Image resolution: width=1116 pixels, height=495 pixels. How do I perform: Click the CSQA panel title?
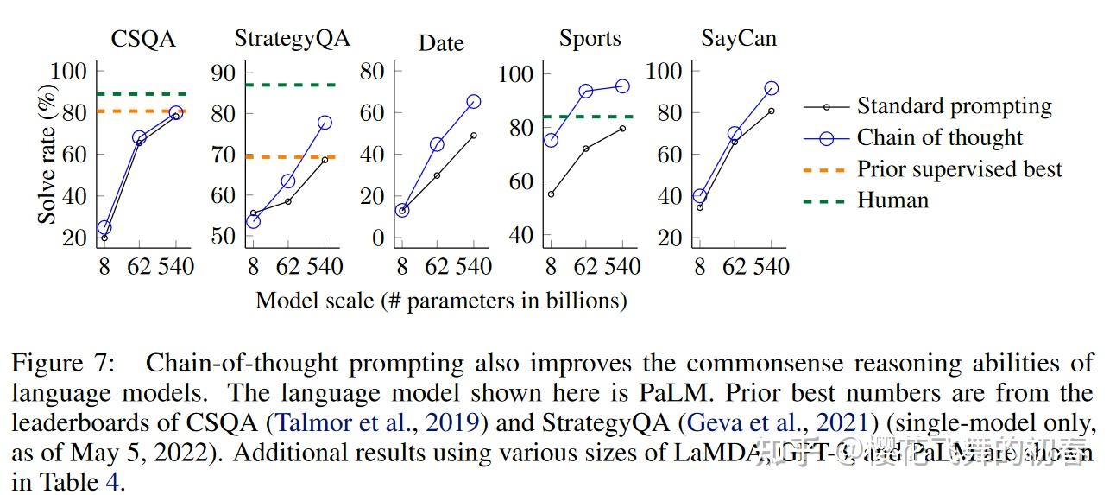pos(143,40)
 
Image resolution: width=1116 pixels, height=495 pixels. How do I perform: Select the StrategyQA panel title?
pos(293,40)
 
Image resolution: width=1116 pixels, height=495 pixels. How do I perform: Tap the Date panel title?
pos(441,43)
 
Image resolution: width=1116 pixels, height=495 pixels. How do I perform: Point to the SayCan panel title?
pos(738,40)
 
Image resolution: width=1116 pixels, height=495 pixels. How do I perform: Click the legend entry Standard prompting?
pos(954,106)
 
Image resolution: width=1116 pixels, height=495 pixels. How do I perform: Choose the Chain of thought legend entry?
pos(939,137)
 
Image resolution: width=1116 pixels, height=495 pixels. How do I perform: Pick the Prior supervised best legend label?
pos(959,168)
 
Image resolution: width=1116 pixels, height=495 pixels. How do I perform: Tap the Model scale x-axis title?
pos(441,301)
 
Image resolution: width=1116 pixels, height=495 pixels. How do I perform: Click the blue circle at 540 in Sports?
pos(622,86)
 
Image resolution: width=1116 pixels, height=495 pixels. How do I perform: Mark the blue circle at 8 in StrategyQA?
pos(253,221)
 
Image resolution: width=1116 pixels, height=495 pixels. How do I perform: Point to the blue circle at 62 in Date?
pos(437,144)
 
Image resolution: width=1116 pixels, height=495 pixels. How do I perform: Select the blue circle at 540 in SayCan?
pos(771,88)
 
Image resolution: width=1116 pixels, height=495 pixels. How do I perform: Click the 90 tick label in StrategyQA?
pos(224,72)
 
